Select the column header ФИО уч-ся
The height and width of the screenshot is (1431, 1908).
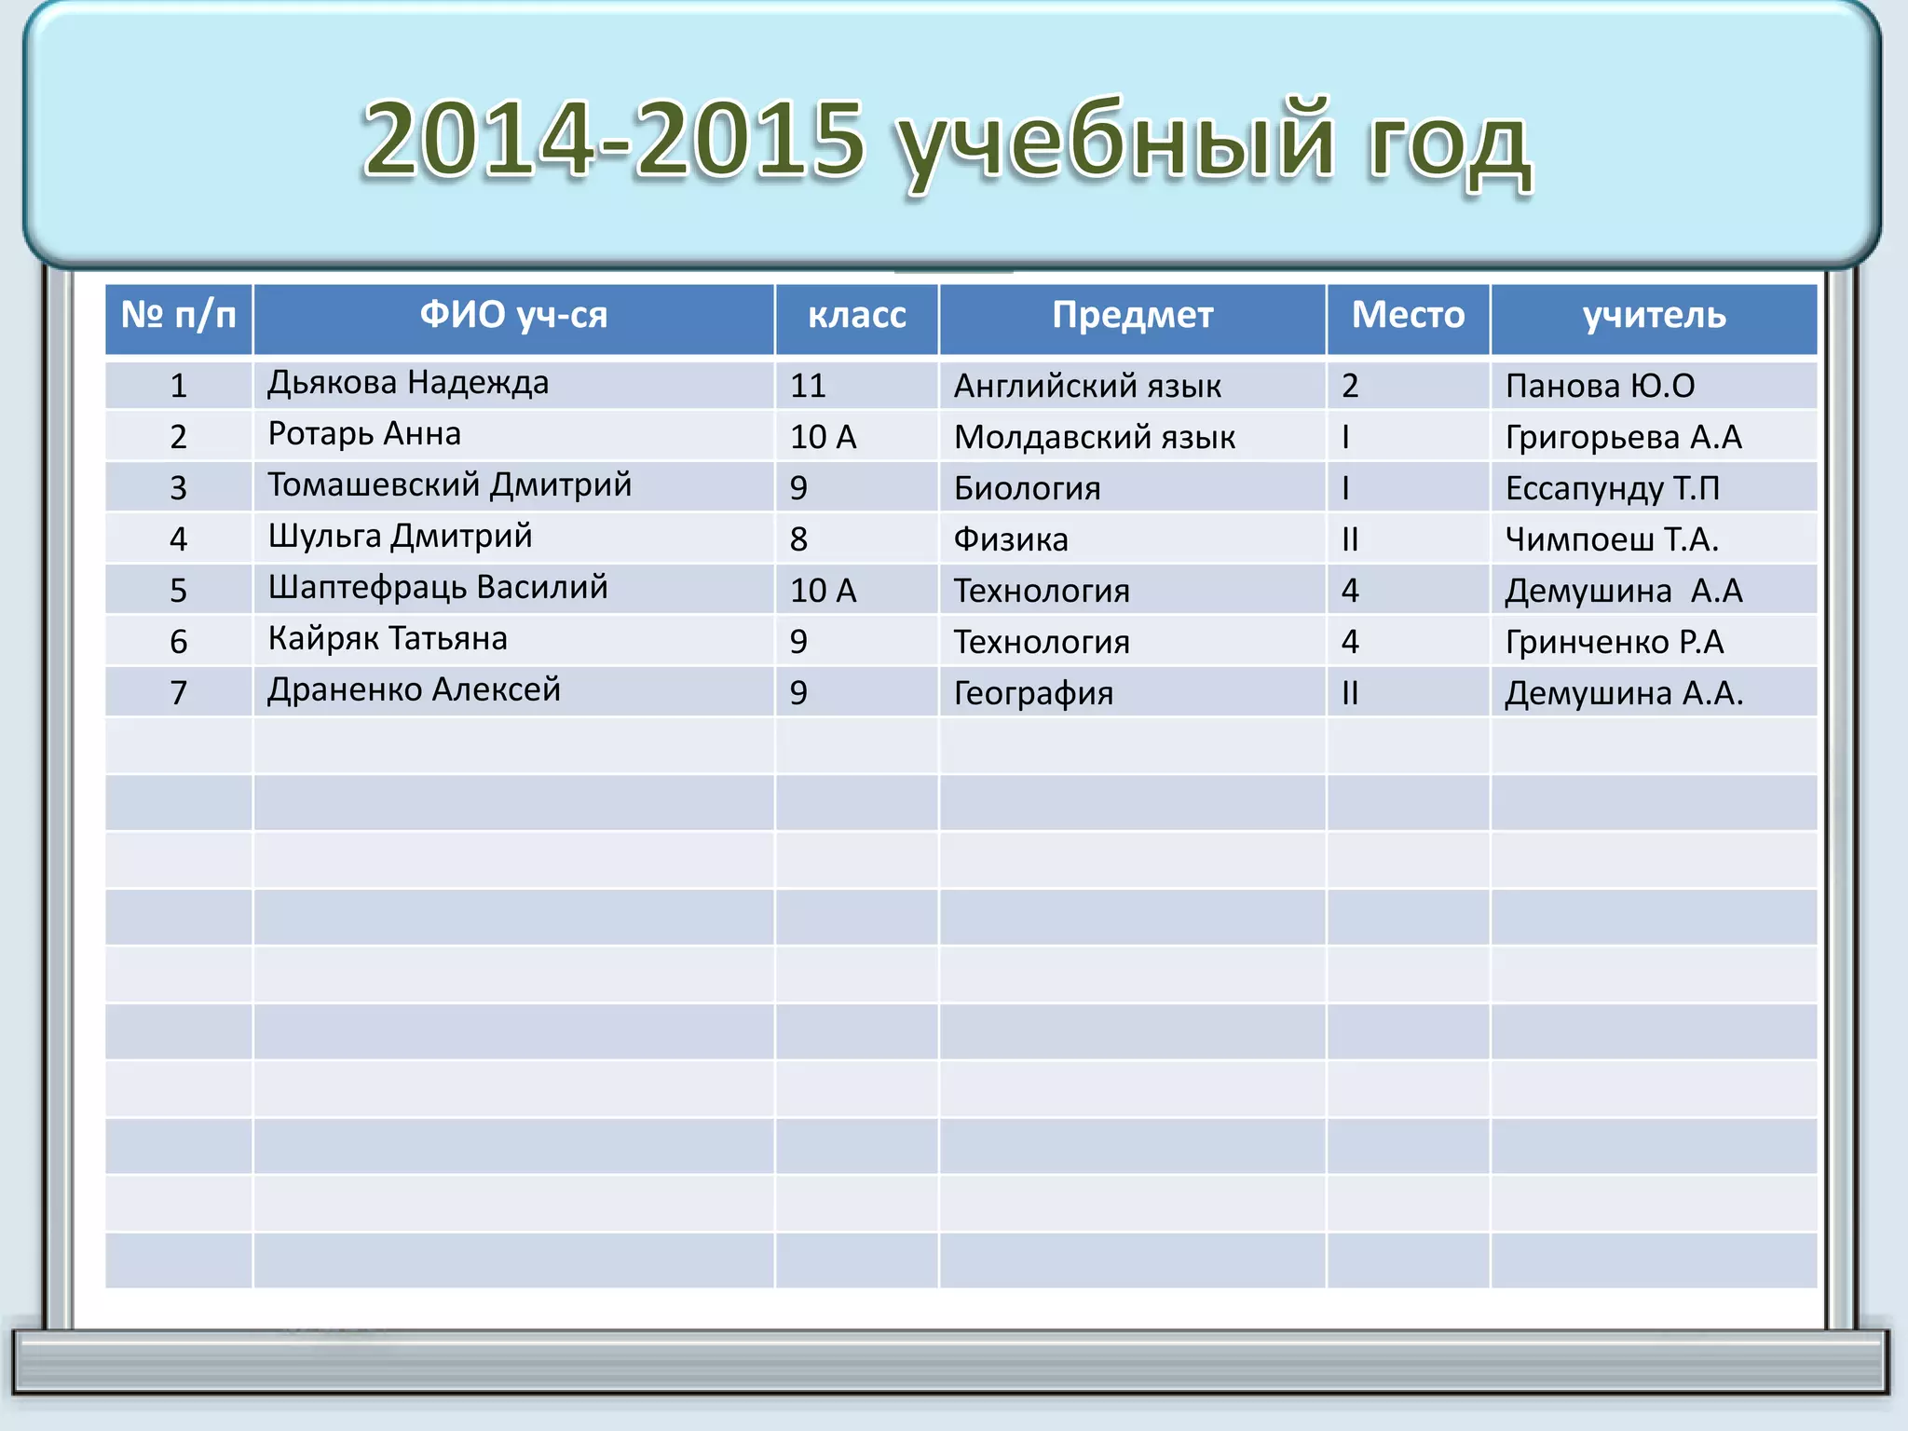(x=513, y=315)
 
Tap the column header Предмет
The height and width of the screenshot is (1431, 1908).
(x=1132, y=315)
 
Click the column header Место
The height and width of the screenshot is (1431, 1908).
(x=1408, y=315)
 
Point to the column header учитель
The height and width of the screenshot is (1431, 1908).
(x=1654, y=315)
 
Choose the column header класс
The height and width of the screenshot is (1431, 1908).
(x=856, y=315)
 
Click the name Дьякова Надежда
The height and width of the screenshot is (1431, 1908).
(x=408, y=383)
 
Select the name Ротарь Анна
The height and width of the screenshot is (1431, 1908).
(x=364, y=434)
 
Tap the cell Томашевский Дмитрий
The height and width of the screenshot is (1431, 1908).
(x=449, y=485)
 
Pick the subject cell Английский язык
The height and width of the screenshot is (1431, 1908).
(x=1087, y=386)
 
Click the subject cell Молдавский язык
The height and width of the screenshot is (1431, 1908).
(x=1095, y=437)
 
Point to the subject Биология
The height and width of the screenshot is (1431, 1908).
(x=1027, y=488)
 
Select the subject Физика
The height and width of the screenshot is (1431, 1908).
(x=1011, y=539)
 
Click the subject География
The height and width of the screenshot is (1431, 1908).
(x=1033, y=693)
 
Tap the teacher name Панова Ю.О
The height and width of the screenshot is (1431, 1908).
(x=1600, y=386)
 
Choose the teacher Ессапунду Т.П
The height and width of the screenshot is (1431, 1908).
(x=1612, y=488)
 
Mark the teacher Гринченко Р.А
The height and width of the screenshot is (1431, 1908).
(x=1615, y=642)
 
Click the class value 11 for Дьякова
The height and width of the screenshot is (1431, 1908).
(x=808, y=386)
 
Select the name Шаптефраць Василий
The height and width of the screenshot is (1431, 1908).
(x=438, y=588)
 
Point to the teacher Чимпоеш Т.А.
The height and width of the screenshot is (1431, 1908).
(x=1612, y=539)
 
